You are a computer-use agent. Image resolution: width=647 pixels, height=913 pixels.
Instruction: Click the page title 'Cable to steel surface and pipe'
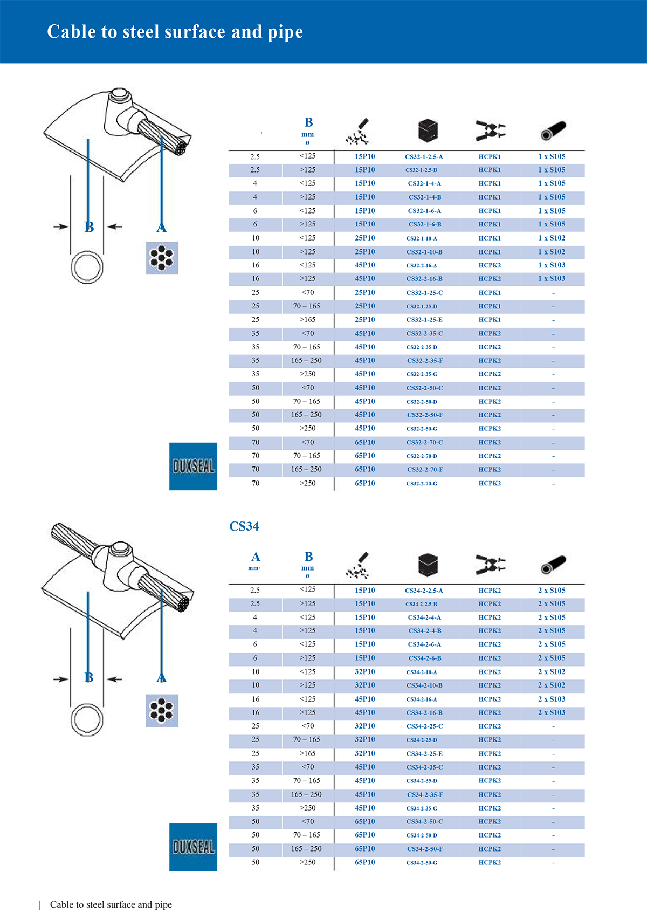click(175, 32)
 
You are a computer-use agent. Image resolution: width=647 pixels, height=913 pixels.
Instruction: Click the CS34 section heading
click(244, 526)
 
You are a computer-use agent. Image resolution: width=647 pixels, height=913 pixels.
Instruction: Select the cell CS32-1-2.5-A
click(424, 157)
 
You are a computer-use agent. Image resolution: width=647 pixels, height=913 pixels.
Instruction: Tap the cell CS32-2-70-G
click(422, 484)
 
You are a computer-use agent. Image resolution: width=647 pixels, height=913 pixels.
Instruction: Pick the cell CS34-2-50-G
click(422, 863)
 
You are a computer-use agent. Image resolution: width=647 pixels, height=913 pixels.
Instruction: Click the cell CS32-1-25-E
click(424, 320)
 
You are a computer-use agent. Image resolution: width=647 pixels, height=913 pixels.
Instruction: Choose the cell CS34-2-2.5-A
click(424, 591)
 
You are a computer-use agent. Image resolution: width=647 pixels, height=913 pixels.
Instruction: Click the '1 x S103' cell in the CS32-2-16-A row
click(552, 265)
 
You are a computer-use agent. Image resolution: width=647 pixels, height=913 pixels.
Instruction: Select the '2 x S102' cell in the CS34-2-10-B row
click(552, 685)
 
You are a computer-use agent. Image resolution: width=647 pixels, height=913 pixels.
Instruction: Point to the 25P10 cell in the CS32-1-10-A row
click(364, 238)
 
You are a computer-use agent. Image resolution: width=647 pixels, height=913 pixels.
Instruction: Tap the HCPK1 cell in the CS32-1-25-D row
click(490, 306)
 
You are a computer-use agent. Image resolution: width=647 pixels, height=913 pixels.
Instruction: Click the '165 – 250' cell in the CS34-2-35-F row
click(306, 794)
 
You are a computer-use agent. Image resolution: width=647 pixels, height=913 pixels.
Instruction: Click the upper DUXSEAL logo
click(193, 466)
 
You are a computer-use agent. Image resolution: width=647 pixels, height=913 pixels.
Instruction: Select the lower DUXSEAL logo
click(193, 847)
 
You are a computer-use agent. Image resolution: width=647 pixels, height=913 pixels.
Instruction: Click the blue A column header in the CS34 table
click(255, 557)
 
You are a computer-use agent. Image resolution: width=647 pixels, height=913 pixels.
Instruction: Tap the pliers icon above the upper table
click(491, 131)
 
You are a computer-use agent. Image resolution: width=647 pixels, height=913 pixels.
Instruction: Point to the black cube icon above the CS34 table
click(428, 565)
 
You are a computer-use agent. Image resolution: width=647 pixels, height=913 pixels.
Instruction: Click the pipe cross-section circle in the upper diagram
click(87, 267)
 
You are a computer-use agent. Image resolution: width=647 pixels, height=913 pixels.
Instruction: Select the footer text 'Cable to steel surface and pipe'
click(111, 904)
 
